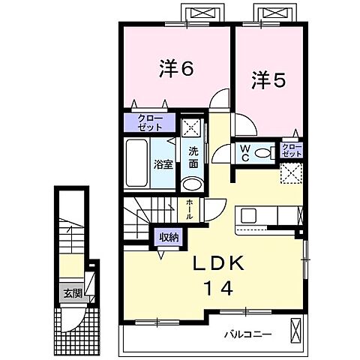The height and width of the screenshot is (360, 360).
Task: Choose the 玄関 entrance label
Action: pos(72,293)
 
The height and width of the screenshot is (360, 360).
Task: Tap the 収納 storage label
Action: pos(168,237)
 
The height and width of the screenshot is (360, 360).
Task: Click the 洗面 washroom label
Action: pos(193,156)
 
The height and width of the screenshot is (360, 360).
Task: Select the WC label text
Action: pos(244,152)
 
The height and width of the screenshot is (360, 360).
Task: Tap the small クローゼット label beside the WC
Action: pos(290,148)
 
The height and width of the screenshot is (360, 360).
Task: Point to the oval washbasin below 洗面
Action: pos(193,185)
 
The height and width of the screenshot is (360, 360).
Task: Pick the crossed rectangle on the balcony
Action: pos(297,330)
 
